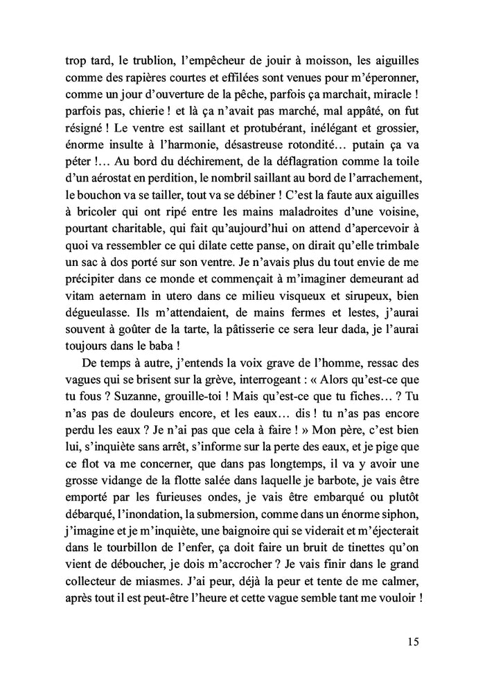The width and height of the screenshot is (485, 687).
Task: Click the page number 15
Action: point(413,642)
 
